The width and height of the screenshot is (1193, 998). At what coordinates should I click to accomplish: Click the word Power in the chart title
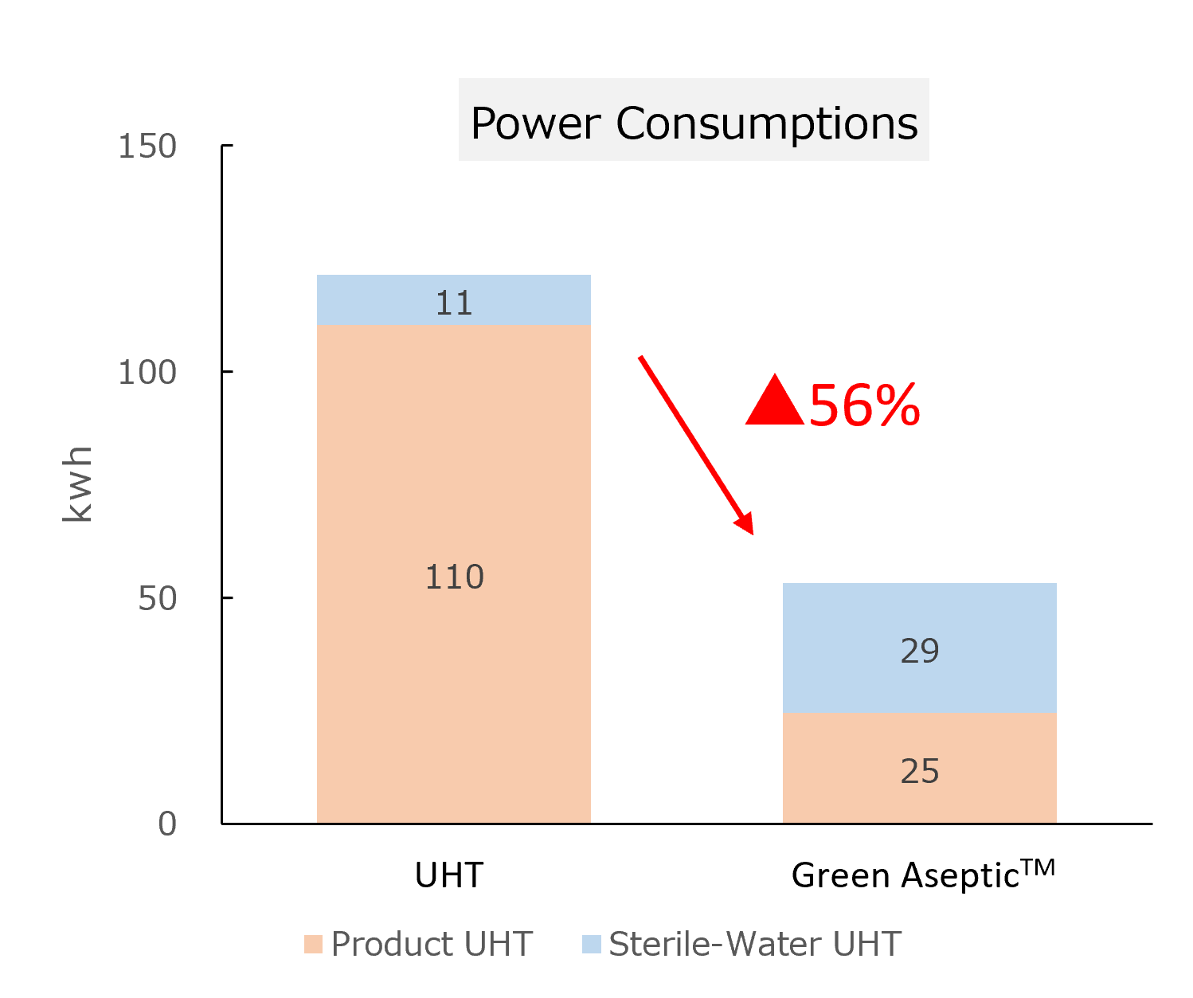(536, 124)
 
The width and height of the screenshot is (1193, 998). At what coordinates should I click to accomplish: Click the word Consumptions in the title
(767, 124)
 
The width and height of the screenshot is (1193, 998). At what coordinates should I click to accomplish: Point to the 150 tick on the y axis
(147, 147)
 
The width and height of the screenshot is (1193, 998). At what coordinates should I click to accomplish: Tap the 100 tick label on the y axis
(147, 373)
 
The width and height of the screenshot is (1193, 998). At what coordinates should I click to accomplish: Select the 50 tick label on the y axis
(157, 599)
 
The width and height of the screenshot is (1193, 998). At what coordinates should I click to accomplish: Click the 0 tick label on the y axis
(167, 824)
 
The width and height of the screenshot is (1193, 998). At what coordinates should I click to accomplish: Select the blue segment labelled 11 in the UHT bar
(454, 300)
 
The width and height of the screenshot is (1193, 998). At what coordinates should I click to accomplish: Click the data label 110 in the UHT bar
(454, 577)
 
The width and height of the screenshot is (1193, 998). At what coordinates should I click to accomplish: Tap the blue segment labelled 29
(920, 648)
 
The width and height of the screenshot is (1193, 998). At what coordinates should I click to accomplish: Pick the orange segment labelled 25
(920, 769)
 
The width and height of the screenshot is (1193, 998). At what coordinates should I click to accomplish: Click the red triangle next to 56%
(774, 404)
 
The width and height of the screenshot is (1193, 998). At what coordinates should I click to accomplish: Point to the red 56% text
(865, 405)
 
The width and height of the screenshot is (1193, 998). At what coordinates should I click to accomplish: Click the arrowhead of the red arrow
(745, 525)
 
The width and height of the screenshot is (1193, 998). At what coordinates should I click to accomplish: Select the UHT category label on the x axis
(449, 875)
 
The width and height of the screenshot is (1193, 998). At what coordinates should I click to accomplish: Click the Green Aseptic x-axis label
(906, 876)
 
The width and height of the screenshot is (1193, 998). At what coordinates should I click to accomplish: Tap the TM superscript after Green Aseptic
(1038, 867)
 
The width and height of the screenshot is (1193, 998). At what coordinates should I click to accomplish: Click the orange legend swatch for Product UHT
(313, 945)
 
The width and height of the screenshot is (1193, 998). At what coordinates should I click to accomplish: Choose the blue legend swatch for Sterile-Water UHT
(591, 945)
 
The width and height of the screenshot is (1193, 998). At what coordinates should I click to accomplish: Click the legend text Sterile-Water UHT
(754, 945)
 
